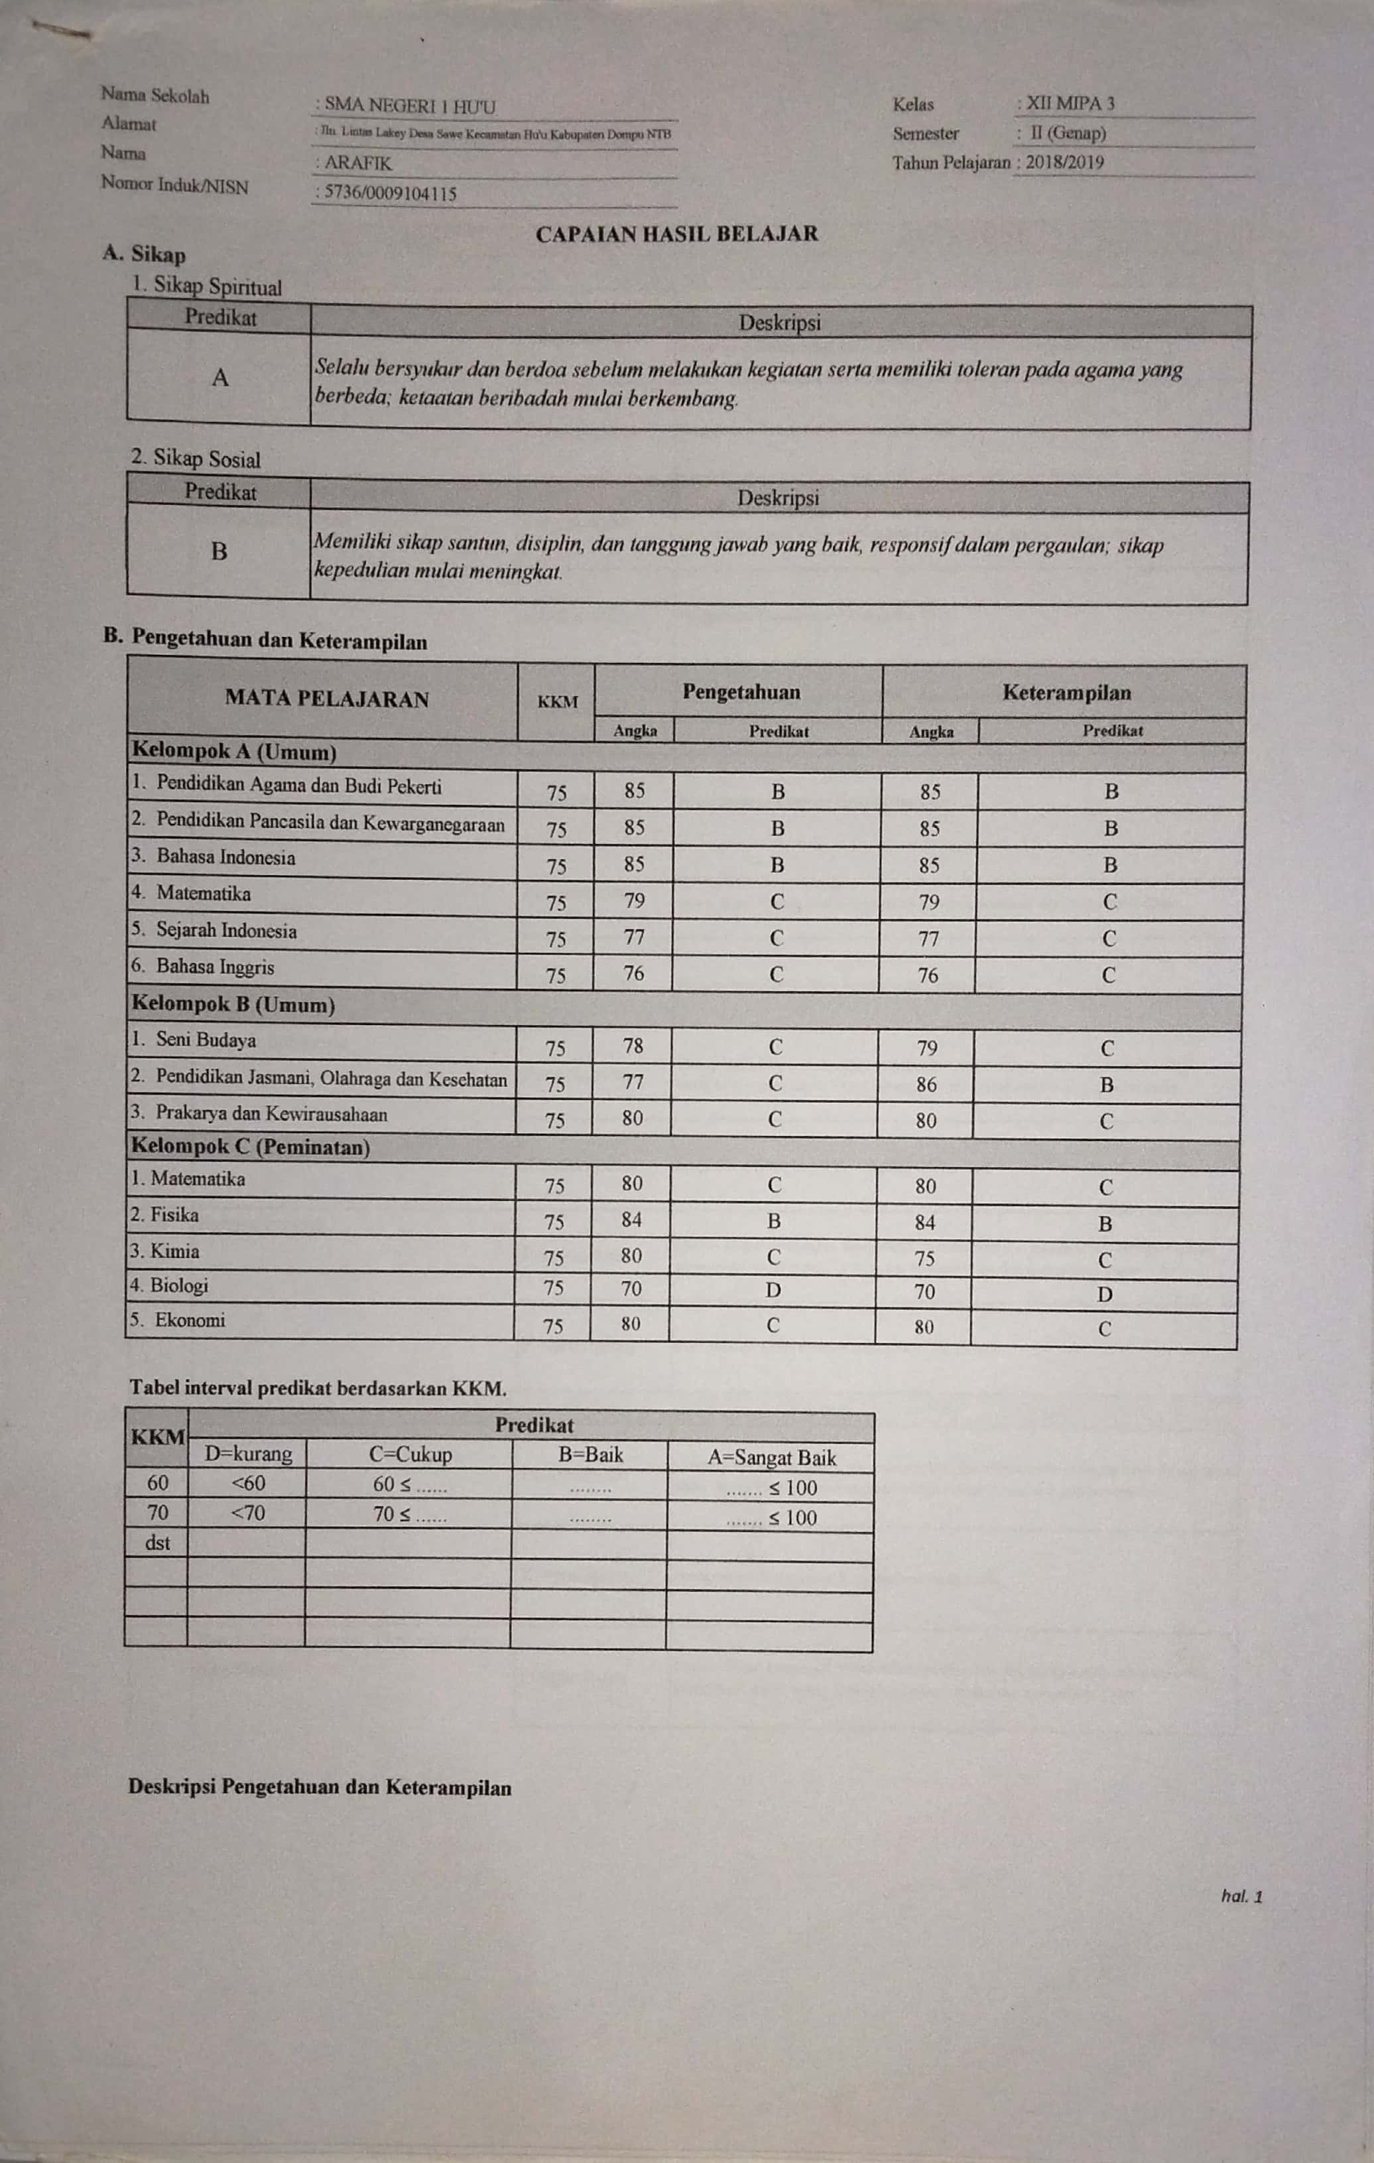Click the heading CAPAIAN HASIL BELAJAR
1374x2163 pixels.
[x=676, y=234]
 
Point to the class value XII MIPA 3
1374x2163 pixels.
[x=1070, y=104]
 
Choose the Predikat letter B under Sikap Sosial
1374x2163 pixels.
[x=218, y=551]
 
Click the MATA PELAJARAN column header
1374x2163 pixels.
[x=327, y=699]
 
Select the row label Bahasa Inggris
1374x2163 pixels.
[x=215, y=967]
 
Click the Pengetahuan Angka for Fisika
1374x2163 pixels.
[x=631, y=1219]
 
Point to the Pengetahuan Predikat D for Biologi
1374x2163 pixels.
[x=773, y=1290]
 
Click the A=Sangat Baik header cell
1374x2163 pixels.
[x=771, y=1458]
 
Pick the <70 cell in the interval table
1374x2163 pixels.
[x=248, y=1513]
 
